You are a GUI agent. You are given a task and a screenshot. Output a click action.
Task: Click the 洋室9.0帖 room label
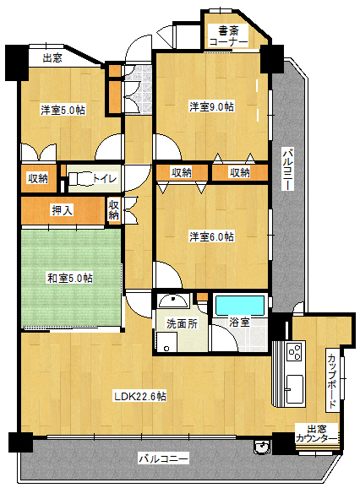tap(212, 106)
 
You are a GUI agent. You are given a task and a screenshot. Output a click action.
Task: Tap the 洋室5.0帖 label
tap(63, 110)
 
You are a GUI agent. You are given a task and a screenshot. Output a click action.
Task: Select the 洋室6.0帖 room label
tap(212, 237)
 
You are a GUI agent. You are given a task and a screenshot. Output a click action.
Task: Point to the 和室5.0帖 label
tap(70, 278)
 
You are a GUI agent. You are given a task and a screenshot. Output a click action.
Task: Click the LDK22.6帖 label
tap(140, 397)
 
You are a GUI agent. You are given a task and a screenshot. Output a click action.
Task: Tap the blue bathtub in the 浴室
tap(240, 306)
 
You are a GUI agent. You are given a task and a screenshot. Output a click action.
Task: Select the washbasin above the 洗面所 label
tap(173, 301)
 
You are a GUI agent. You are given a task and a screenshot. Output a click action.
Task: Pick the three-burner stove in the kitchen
tap(295, 352)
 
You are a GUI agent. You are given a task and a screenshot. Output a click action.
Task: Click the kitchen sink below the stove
tap(295, 388)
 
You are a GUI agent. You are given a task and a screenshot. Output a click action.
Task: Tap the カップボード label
tap(332, 381)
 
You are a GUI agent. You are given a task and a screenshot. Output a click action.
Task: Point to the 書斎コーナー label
tap(228, 36)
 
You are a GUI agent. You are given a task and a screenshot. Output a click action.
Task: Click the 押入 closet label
tap(63, 211)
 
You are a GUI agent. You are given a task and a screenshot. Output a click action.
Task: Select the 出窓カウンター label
tap(316, 434)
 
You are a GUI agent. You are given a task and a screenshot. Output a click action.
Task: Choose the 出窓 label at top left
tap(52, 58)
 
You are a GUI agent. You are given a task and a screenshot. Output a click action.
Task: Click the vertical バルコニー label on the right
tap(288, 170)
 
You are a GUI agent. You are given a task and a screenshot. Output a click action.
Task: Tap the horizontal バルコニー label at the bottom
tap(163, 458)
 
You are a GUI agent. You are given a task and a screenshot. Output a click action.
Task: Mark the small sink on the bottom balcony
tap(261, 447)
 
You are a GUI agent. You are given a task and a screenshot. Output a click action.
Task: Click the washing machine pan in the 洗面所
tap(166, 342)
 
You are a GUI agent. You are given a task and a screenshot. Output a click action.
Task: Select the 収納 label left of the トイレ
tap(38, 179)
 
